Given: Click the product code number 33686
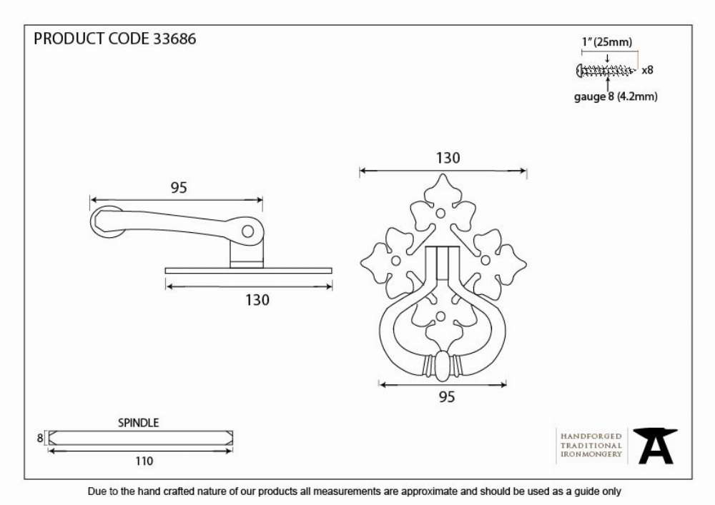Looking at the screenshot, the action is pyautogui.click(x=174, y=39).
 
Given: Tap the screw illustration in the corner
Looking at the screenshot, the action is pyautogui.click(x=606, y=71).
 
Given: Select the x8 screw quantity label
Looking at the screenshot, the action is pyautogui.click(x=648, y=70).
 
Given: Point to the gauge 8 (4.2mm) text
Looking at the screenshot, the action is pyautogui.click(x=616, y=96).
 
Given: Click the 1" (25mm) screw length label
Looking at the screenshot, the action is pyautogui.click(x=607, y=42).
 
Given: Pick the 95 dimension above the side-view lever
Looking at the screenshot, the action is pyautogui.click(x=179, y=188).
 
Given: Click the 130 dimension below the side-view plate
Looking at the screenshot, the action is pyautogui.click(x=257, y=300).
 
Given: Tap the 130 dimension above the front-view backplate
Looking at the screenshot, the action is pyautogui.click(x=448, y=158).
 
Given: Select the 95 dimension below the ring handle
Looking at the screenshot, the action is pyautogui.click(x=447, y=397).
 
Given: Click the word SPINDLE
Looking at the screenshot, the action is pyautogui.click(x=139, y=423).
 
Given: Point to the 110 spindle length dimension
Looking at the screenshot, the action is pyautogui.click(x=144, y=461).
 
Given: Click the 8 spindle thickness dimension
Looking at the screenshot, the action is pyautogui.click(x=40, y=438).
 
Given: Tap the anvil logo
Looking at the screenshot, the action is pyautogui.click(x=656, y=446).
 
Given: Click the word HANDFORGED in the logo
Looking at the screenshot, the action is pyautogui.click(x=591, y=436).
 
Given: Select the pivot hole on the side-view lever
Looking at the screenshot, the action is pyautogui.click(x=247, y=231).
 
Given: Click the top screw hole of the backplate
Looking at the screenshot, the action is pyautogui.click(x=440, y=213).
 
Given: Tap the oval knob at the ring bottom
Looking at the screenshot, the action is pyautogui.click(x=441, y=366).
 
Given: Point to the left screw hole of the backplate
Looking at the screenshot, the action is pyautogui.click(x=396, y=261).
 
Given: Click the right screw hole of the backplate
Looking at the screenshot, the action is pyautogui.click(x=485, y=260).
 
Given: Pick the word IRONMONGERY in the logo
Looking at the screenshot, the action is pyautogui.click(x=591, y=454).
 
